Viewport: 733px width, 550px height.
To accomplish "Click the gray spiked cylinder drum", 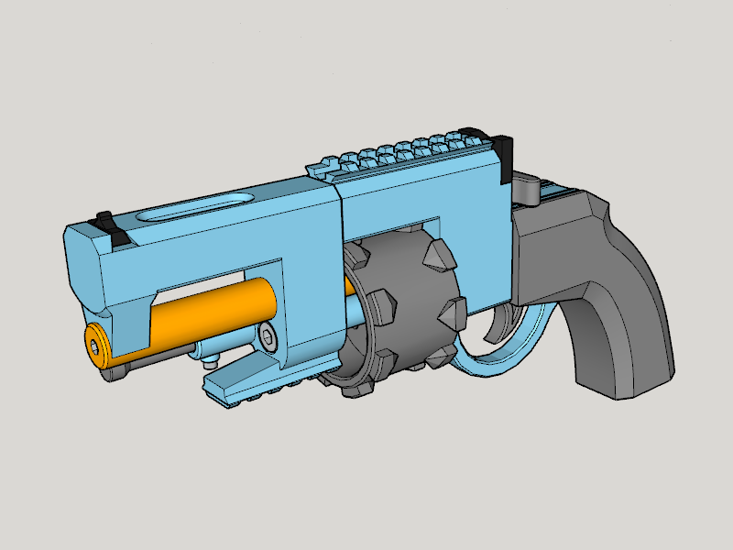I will pyautogui.click(x=399, y=312).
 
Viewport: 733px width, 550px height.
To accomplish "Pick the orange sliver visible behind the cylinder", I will pyautogui.click(x=350, y=291).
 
